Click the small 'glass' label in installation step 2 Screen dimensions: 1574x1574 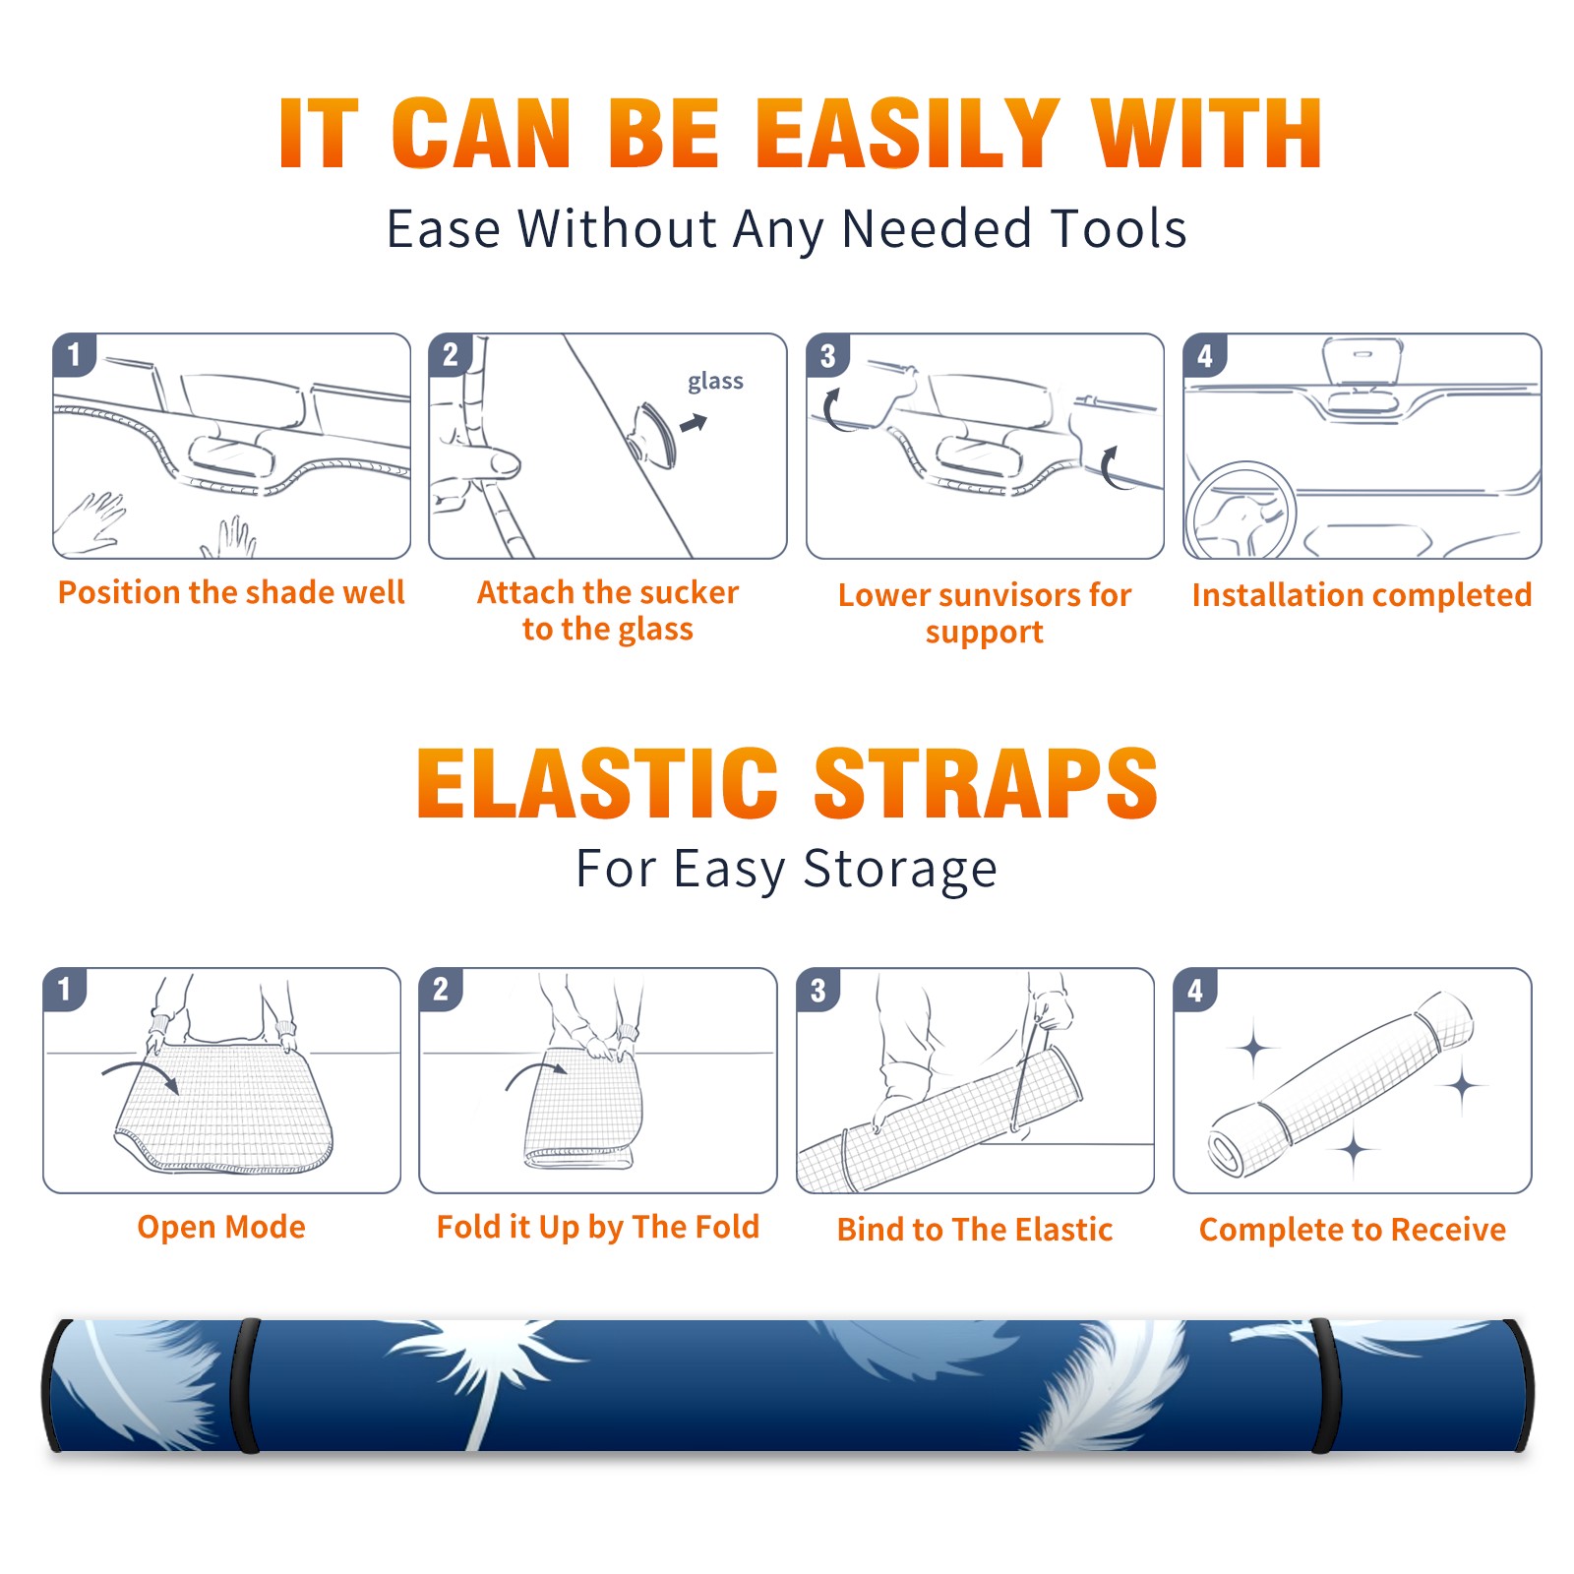coord(715,382)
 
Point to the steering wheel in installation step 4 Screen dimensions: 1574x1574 coord(1241,511)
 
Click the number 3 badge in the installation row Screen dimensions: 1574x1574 coord(828,355)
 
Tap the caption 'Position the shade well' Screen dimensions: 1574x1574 coord(231,592)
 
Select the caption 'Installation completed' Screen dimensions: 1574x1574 coord(1362,595)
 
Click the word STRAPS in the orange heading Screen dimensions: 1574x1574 coord(986,783)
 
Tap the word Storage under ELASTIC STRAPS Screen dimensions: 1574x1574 coord(900,870)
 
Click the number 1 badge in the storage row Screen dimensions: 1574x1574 coord(65,990)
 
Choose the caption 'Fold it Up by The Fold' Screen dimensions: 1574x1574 coord(598,1227)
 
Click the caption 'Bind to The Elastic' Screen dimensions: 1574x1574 coord(975,1230)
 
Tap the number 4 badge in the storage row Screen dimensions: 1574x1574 coord(1195,990)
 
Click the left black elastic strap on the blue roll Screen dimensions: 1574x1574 coord(246,1386)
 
